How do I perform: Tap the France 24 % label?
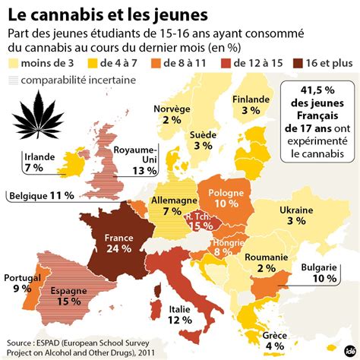click(x=118, y=243)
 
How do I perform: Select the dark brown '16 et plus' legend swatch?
click(x=298, y=63)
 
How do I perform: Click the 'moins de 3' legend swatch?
click(x=13, y=63)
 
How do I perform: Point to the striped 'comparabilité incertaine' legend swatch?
click(x=13, y=81)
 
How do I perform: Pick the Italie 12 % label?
click(x=180, y=314)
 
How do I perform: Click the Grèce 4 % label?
click(x=275, y=341)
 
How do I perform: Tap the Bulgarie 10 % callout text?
click(x=319, y=273)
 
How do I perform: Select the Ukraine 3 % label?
click(x=296, y=216)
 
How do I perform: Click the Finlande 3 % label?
click(x=251, y=105)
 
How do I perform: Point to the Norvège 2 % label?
click(x=172, y=115)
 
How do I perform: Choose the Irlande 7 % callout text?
click(x=39, y=163)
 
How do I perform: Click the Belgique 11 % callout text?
click(x=42, y=196)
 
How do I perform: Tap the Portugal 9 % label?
click(x=22, y=283)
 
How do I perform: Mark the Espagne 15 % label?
click(x=69, y=296)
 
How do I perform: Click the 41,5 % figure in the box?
click(x=317, y=90)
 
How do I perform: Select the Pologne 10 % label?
click(x=226, y=198)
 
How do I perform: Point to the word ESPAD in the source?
click(x=47, y=343)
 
